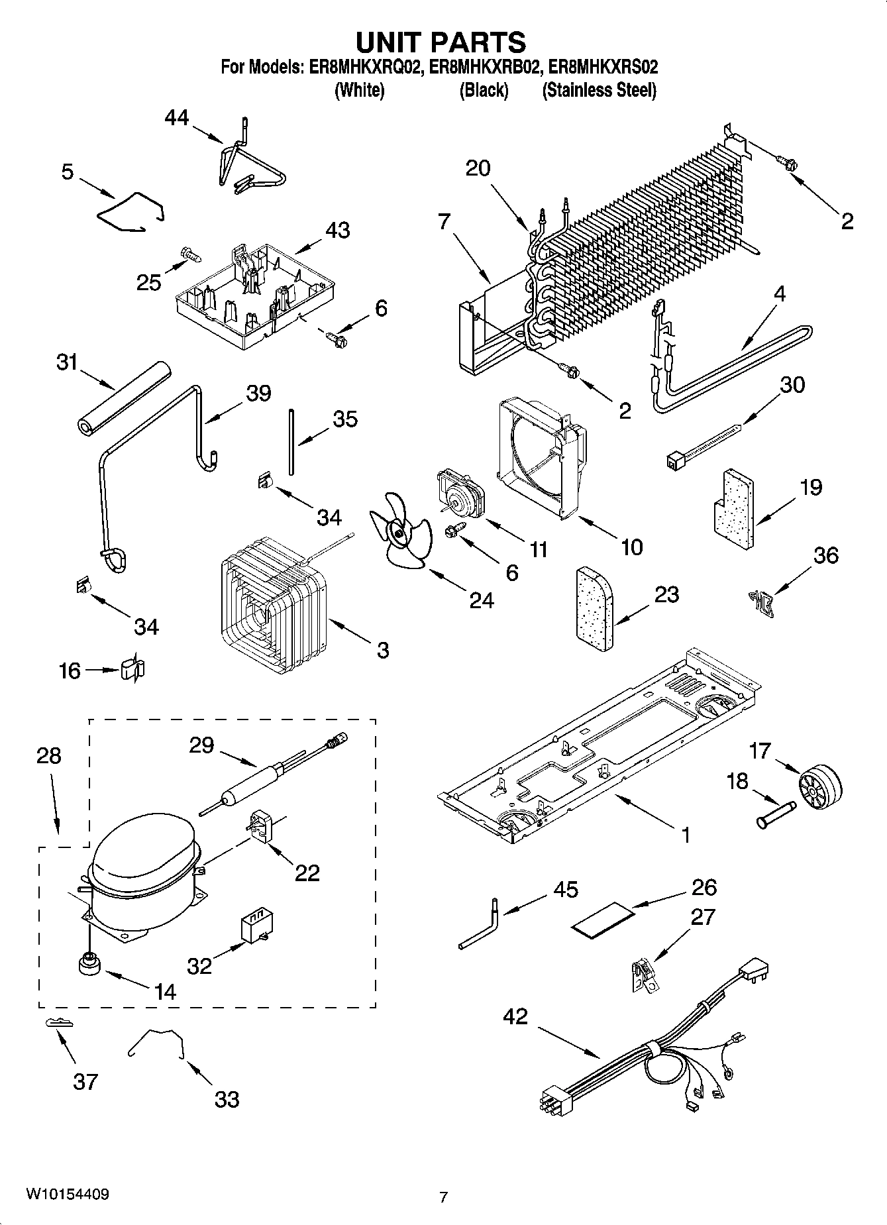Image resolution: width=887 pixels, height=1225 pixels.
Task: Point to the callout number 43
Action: pos(337,231)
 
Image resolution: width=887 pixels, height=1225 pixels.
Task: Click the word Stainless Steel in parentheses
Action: pos(600,90)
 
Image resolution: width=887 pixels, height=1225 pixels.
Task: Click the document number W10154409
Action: pos(67,1194)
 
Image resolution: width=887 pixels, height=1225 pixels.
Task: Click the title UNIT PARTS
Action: pos(441,42)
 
